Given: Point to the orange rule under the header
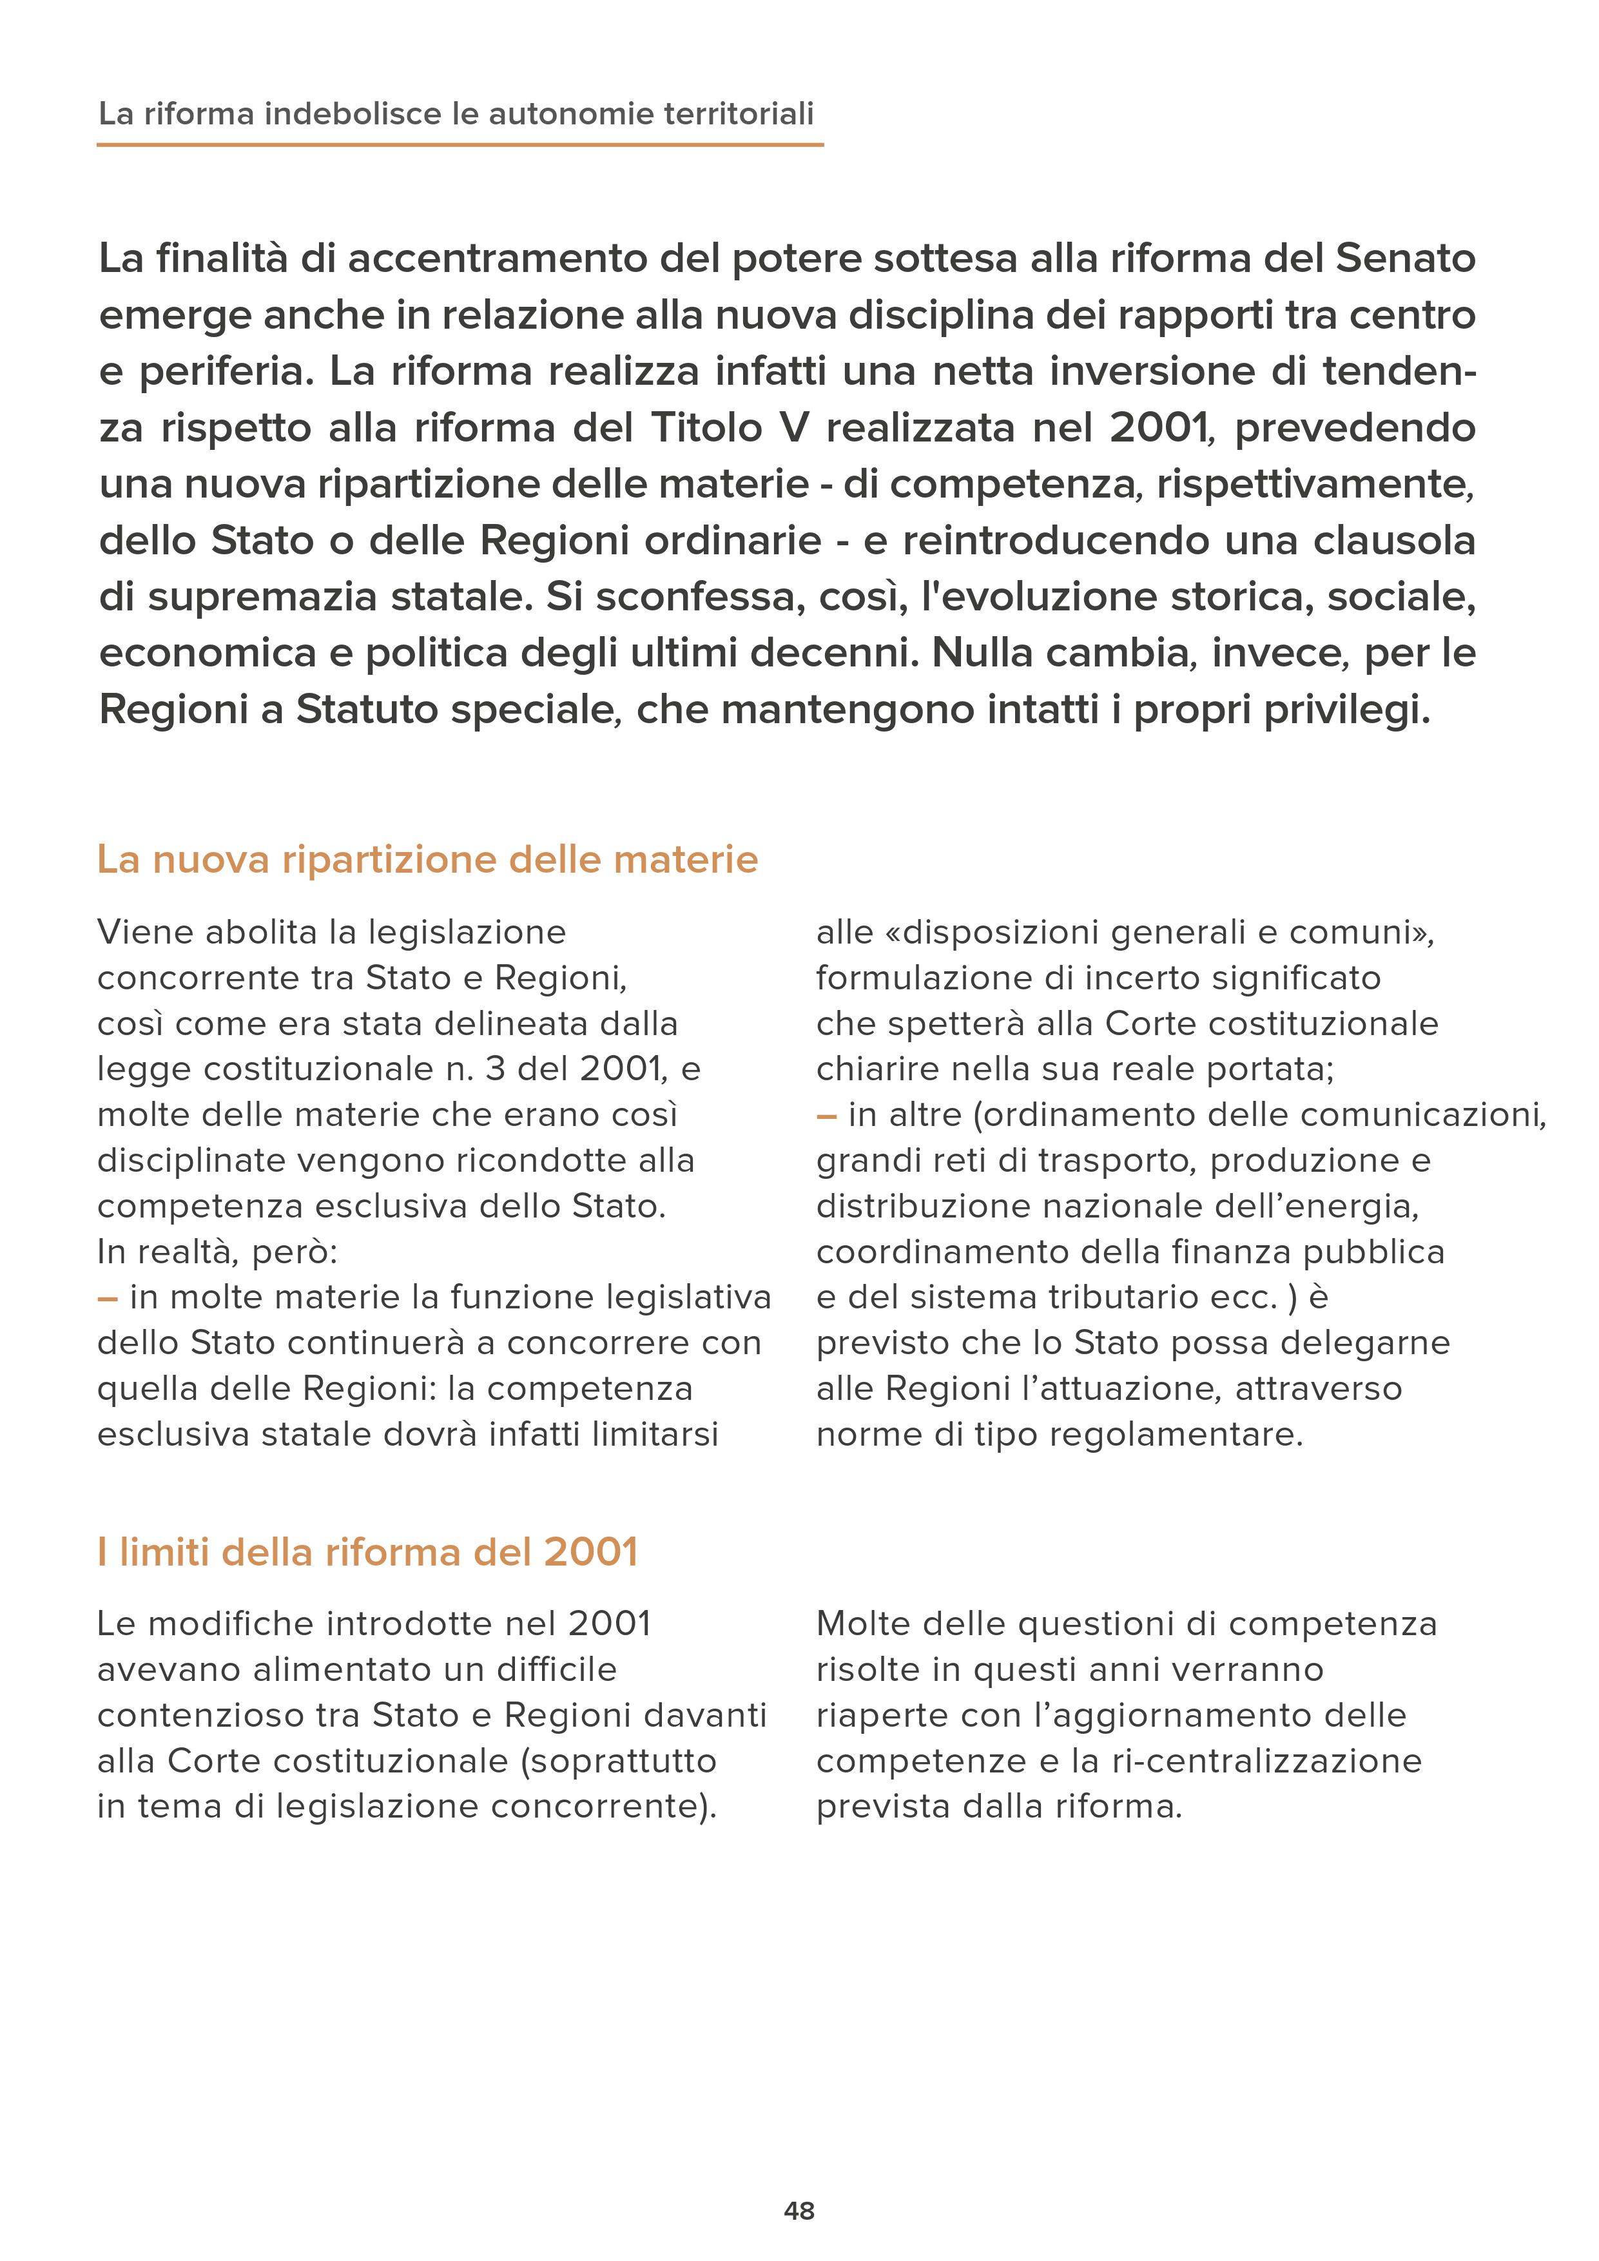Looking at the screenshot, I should coord(460,145).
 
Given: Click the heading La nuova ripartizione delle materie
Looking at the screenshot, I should coord(427,860).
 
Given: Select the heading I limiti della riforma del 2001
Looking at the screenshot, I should coord(367,1552).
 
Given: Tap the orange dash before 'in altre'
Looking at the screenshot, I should coord(826,1116).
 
